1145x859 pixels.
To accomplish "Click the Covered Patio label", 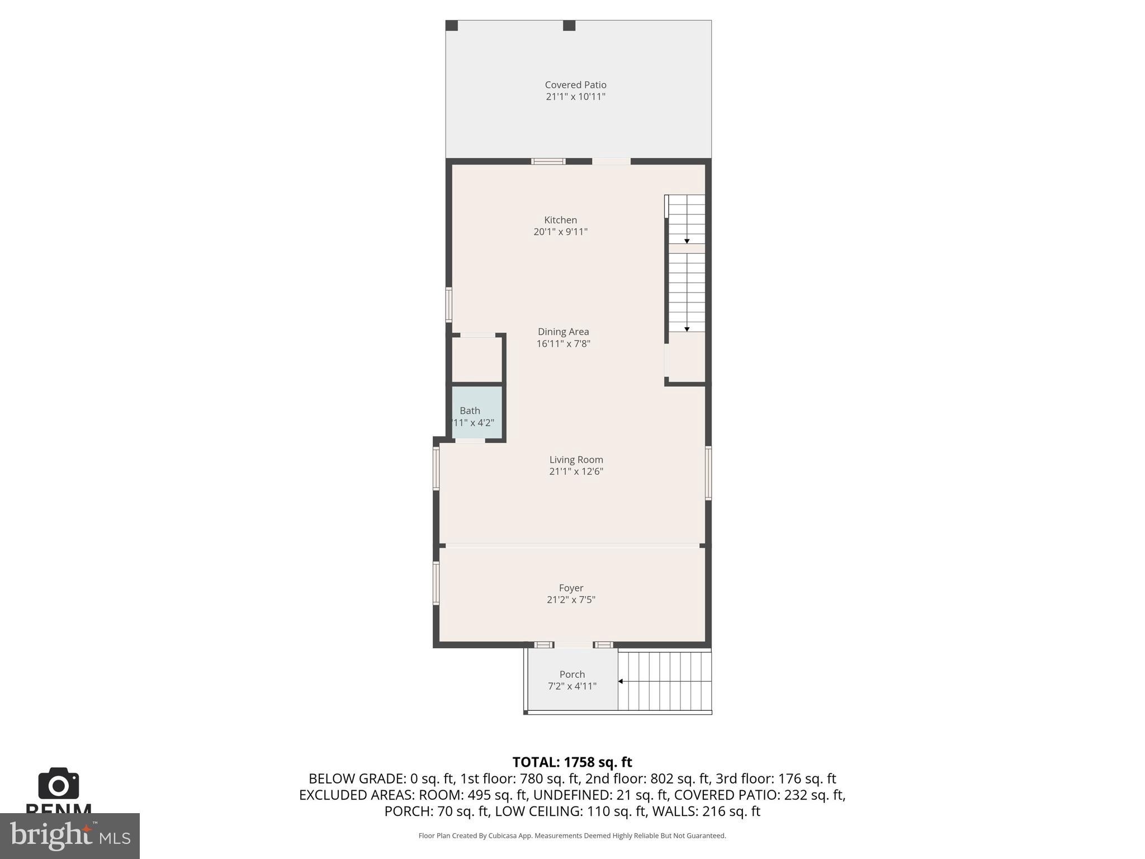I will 575,85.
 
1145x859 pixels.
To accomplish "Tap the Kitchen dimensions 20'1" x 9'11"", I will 560,232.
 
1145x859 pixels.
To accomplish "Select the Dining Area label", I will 563,332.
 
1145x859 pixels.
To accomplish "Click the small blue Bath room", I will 476,412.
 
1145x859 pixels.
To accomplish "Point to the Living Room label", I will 576,460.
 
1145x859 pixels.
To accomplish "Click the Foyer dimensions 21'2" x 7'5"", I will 571,600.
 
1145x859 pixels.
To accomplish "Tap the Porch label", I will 572,674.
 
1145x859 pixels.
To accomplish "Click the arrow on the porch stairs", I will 621,681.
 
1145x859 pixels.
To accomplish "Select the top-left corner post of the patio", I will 452,26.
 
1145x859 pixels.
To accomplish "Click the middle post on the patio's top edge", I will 569,26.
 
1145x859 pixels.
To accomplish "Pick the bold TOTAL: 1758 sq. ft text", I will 572,762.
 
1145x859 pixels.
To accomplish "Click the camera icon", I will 58,784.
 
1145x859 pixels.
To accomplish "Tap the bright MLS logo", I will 70,836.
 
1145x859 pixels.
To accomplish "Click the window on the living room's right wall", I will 708,473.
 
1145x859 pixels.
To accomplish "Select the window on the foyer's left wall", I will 436,583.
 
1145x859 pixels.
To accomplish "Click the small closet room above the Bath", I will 476,360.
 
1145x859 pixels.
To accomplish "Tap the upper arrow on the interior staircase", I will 687,240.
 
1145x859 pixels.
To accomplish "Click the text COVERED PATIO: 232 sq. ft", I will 759,795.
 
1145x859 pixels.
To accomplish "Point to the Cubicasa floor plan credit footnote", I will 572,836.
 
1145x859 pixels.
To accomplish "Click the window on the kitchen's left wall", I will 448,305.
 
